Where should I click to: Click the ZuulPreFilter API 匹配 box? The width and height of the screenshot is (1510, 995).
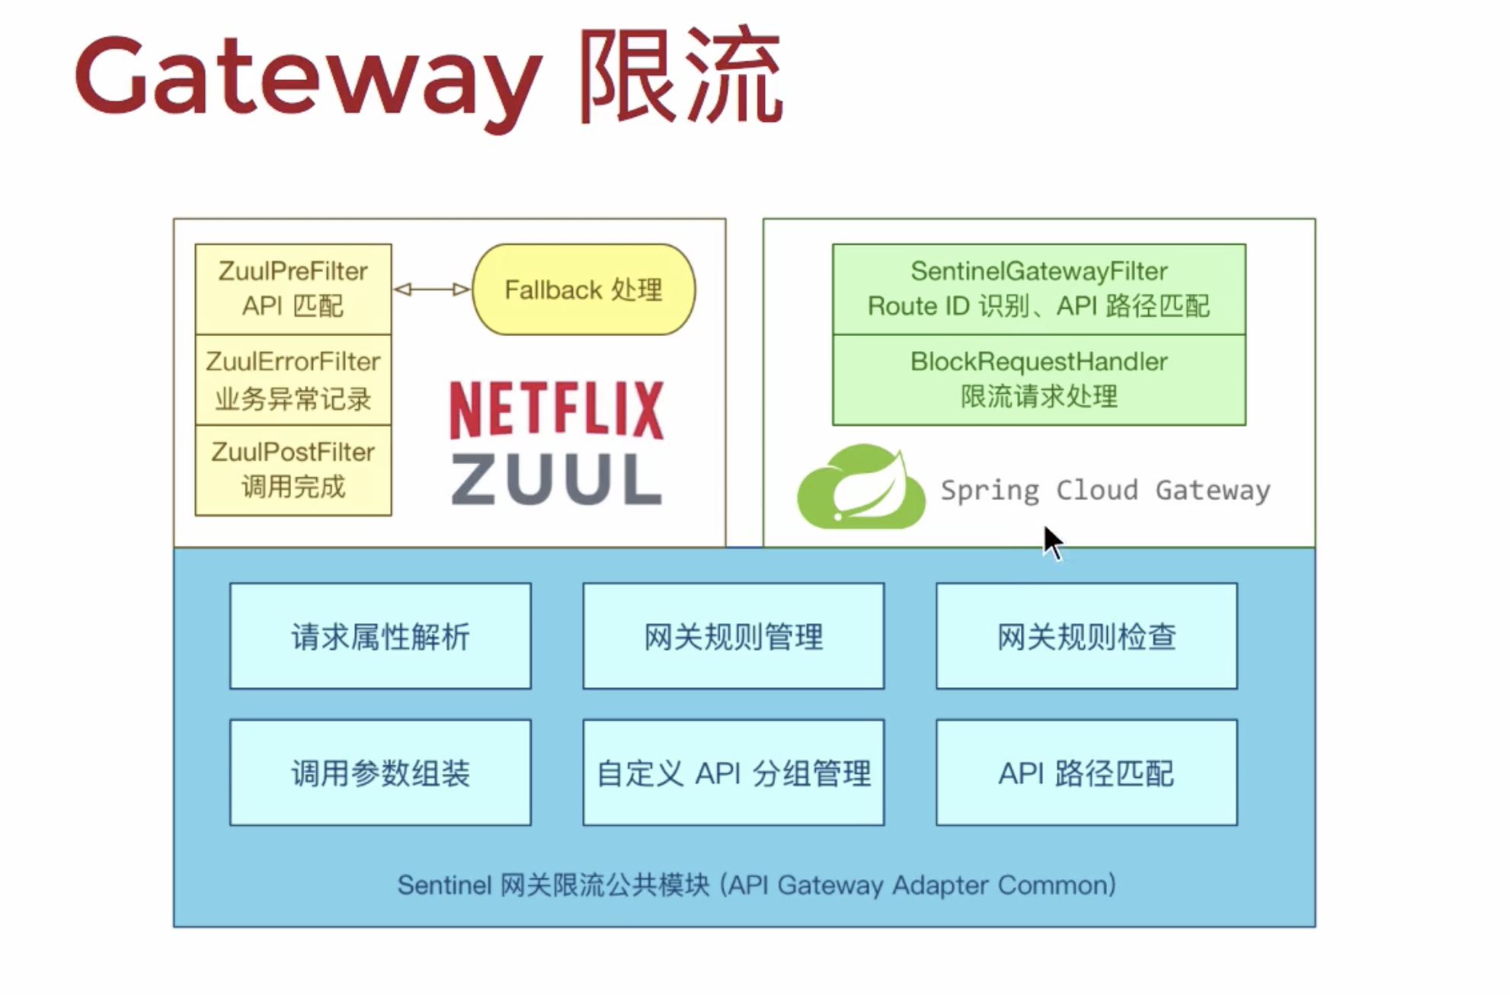293,289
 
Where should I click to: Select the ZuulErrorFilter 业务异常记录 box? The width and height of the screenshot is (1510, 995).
293,379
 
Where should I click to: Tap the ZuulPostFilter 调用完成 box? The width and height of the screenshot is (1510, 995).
293,470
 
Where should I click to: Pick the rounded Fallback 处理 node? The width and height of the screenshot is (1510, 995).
584,290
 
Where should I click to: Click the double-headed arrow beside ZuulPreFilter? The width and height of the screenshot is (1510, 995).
432,290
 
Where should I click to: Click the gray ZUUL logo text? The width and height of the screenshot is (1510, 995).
557,480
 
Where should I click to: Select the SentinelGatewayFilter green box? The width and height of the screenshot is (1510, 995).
1038,289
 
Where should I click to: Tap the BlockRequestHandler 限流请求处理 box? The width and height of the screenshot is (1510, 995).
1038,379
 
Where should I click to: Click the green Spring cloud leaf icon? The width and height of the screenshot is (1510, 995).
861,488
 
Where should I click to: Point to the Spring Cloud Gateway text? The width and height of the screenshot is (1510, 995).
1105,490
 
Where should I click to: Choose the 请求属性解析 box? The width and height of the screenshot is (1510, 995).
380,636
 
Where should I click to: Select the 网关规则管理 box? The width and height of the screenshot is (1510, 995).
733,636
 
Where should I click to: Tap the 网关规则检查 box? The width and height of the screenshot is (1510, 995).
1086,636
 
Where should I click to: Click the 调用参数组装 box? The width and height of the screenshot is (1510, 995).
380,773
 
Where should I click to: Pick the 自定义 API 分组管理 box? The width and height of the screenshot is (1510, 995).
733,773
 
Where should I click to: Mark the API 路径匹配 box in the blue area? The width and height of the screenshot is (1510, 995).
1086,773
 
